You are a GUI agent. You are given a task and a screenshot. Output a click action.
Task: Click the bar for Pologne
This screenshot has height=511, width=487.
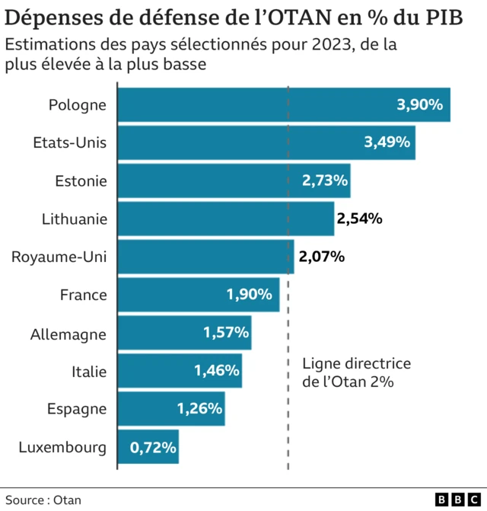(x=283, y=104)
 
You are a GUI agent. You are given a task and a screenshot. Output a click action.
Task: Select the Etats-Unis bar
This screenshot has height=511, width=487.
(x=266, y=142)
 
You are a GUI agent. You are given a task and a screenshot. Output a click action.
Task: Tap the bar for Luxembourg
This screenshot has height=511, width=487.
(x=148, y=447)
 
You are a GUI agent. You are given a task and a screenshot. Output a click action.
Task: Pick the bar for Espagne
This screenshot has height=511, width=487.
(x=170, y=409)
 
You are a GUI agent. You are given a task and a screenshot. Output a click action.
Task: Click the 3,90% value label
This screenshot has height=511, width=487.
(x=419, y=104)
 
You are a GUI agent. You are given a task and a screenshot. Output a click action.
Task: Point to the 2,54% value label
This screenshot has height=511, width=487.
(x=359, y=219)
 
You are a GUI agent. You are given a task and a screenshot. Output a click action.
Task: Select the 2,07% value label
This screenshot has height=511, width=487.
(x=322, y=257)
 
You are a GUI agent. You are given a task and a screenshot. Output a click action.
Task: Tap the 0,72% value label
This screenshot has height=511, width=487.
(x=153, y=447)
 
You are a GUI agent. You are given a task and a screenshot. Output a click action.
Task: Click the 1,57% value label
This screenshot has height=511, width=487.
(x=226, y=333)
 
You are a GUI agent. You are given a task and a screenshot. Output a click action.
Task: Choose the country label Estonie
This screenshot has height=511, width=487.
(x=81, y=181)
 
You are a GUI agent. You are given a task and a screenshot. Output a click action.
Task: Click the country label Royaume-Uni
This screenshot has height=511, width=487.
(x=59, y=257)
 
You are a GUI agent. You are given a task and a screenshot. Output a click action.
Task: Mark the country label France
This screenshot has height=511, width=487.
(x=83, y=295)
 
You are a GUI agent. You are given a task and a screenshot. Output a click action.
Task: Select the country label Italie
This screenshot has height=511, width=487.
(x=89, y=372)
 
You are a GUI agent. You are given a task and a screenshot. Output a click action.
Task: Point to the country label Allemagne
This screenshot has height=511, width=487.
(x=68, y=334)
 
